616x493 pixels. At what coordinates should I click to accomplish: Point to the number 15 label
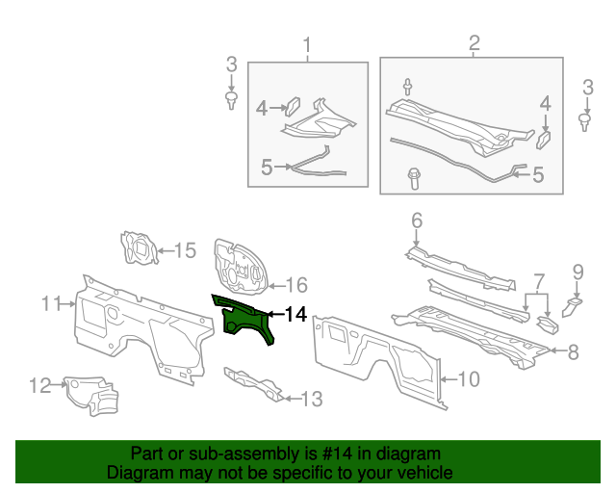click(184, 251)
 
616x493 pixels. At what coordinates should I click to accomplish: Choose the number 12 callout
click(39, 386)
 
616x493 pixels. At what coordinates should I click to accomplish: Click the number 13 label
click(312, 397)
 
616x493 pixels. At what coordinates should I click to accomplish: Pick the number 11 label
click(52, 304)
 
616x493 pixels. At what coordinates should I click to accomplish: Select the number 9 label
click(578, 271)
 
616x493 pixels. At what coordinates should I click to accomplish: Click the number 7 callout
click(539, 280)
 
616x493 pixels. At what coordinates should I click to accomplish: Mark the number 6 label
click(417, 221)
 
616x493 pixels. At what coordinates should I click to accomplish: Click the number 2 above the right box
click(474, 43)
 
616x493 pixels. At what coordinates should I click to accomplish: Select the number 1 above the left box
click(308, 44)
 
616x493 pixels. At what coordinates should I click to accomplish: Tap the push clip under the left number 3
click(231, 99)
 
